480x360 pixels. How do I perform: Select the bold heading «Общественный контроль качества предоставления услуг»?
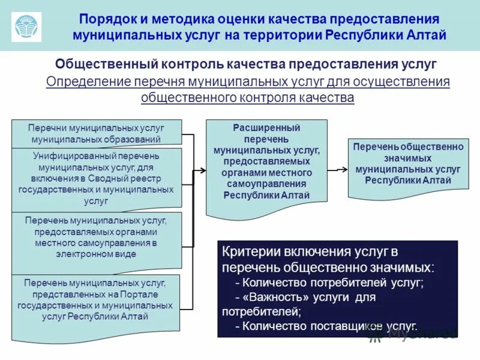(245, 64)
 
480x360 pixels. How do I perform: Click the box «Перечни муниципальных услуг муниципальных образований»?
(96, 133)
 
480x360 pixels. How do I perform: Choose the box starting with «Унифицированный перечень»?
(96, 179)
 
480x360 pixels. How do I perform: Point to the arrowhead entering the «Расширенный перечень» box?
(202, 170)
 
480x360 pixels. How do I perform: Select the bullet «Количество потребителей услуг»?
(329, 283)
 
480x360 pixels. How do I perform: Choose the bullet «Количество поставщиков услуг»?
(324, 326)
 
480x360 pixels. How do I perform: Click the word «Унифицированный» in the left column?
(67, 155)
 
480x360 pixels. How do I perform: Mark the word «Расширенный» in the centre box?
(266, 128)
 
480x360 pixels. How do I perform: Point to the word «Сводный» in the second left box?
(106, 178)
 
